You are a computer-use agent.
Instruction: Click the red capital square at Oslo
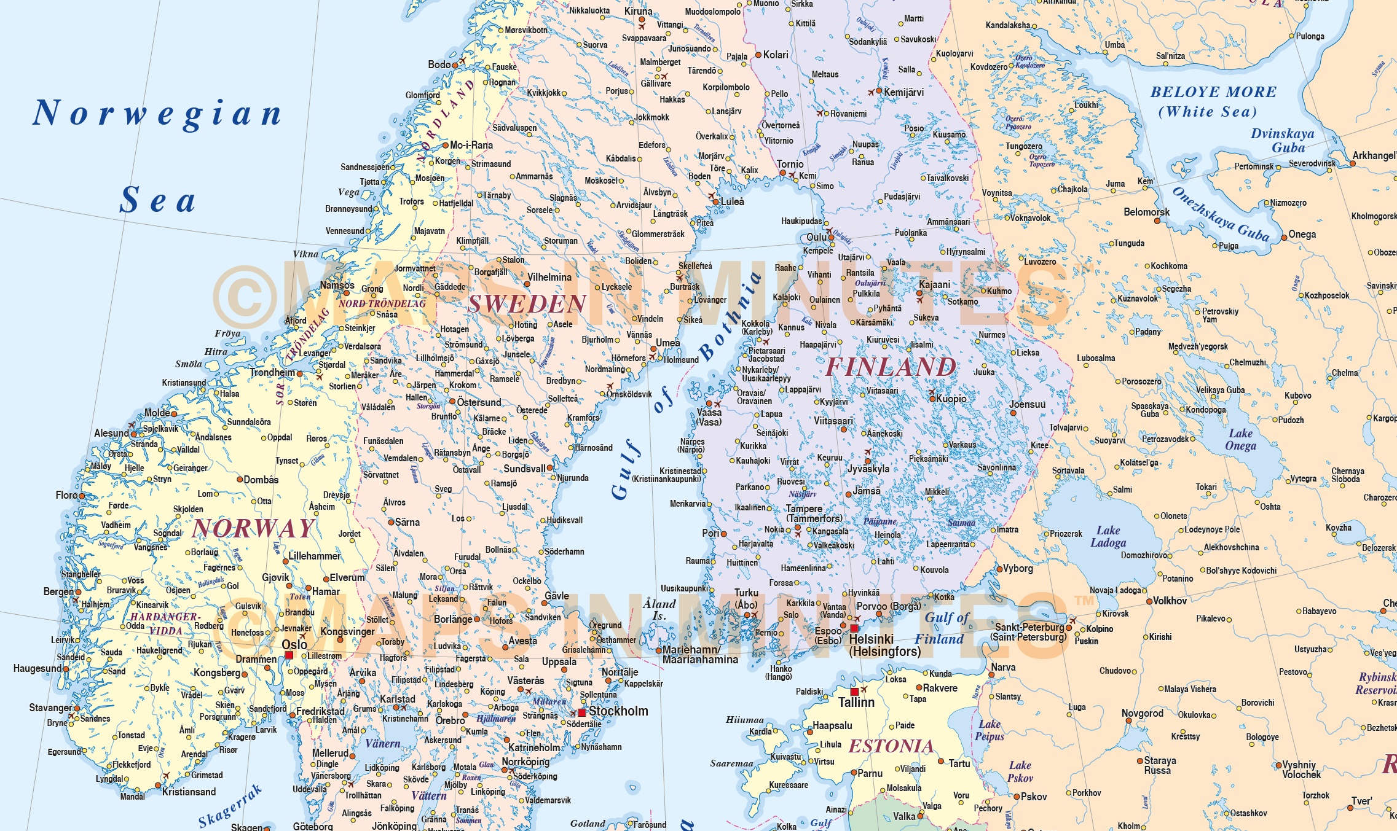[x=289, y=655]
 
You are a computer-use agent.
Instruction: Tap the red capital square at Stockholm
[x=581, y=712]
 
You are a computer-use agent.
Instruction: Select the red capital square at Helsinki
[x=854, y=628]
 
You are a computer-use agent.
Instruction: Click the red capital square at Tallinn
[x=854, y=692]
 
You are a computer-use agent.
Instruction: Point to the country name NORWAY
[x=254, y=529]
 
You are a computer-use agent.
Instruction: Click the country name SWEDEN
[x=527, y=304]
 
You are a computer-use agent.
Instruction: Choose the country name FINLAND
[x=890, y=367]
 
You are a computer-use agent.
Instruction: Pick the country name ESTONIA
[x=891, y=746]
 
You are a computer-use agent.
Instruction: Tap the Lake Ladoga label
[x=1108, y=536]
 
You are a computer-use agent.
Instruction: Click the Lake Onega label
[x=1240, y=440]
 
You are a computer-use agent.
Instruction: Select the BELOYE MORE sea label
[x=1213, y=92]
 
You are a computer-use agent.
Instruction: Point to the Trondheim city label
[x=272, y=372]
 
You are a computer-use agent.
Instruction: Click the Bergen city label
[x=58, y=591]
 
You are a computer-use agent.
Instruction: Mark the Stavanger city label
[x=50, y=708]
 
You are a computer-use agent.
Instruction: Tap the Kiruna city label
[x=638, y=11]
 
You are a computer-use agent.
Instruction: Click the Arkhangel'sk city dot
[x=1352, y=163]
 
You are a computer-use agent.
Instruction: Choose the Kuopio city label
[x=951, y=399]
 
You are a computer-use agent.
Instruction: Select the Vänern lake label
[x=382, y=744]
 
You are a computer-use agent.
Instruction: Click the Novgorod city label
[x=1142, y=713]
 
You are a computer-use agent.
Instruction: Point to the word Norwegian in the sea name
[x=157, y=114]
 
